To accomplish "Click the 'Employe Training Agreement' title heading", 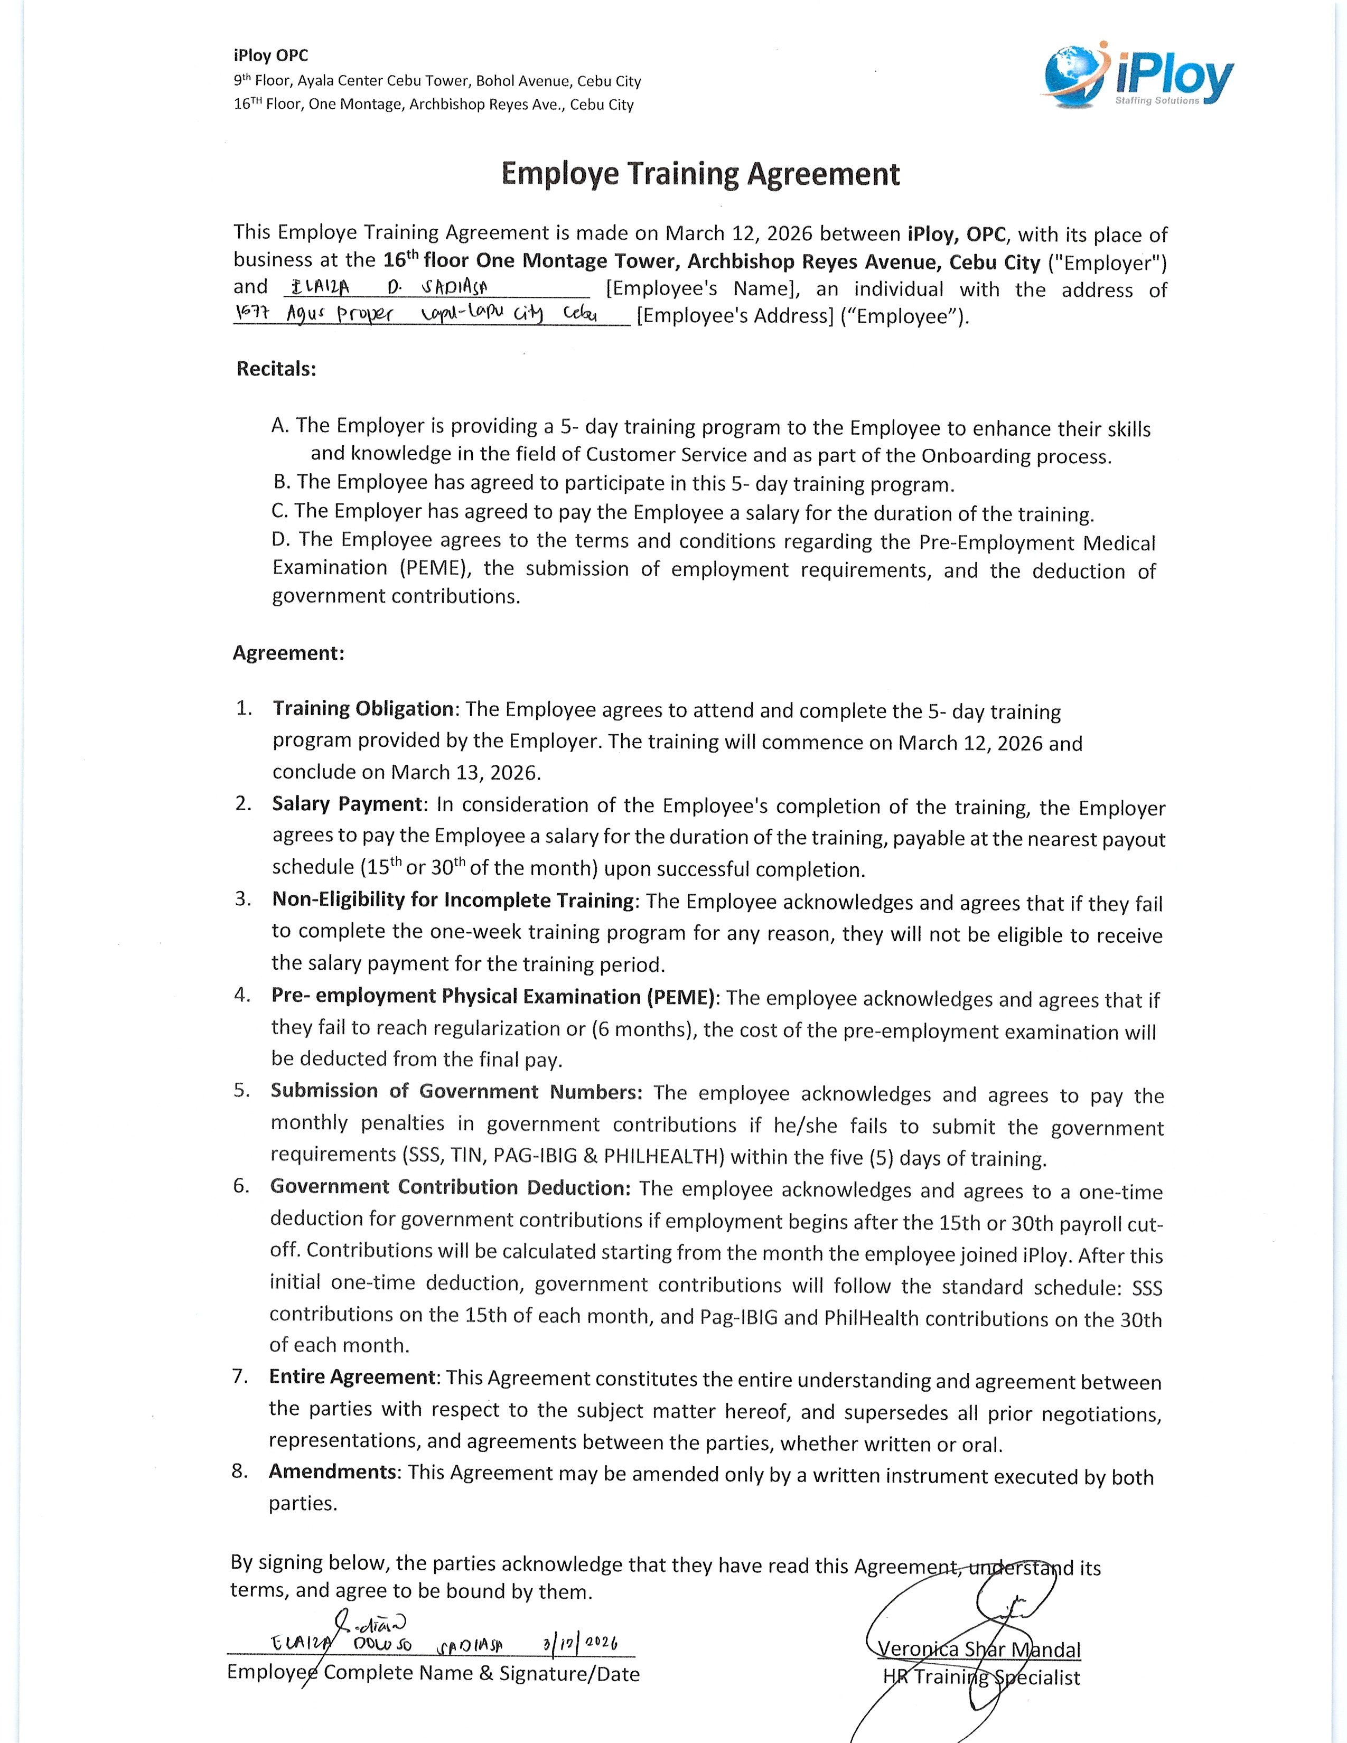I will [700, 174].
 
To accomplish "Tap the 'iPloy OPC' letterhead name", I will [270, 56].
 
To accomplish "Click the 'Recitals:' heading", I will [276, 369].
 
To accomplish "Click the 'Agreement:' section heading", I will [288, 653].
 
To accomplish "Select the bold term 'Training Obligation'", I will [363, 709].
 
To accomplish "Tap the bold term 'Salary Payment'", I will [347, 804].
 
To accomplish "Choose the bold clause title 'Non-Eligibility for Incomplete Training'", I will [453, 899].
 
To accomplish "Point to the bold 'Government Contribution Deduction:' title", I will [450, 1187].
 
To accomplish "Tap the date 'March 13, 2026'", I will [464, 773].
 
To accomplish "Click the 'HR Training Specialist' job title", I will [981, 1677].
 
